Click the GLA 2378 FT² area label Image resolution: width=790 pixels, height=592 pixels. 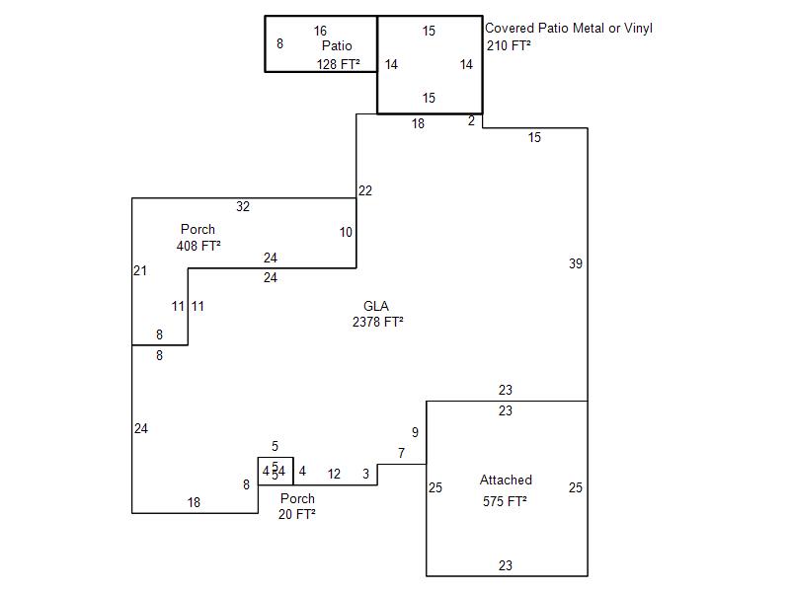(x=378, y=314)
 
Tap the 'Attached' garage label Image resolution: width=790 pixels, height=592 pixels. (x=506, y=480)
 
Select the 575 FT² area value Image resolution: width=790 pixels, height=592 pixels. (x=505, y=501)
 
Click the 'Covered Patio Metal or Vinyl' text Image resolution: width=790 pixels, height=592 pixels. (x=569, y=29)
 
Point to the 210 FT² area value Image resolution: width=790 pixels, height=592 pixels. (x=509, y=45)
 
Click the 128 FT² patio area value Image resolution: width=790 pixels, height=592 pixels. (x=338, y=64)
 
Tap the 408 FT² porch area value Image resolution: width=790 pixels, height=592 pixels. (x=198, y=246)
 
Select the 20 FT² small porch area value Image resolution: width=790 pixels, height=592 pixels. (x=297, y=514)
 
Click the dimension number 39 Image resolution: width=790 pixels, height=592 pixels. (x=576, y=263)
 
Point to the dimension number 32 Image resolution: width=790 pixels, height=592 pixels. (x=243, y=206)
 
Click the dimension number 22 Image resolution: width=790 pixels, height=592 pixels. (x=365, y=190)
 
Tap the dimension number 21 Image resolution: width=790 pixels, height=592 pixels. (x=140, y=270)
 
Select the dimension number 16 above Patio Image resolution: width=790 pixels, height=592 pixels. (x=320, y=31)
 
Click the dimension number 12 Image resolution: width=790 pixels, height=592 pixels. (x=334, y=474)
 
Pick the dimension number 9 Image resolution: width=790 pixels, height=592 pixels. (x=415, y=432)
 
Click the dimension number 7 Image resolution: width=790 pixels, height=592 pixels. (x=401, y=453)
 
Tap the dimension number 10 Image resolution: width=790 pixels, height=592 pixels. (x=346, y=232)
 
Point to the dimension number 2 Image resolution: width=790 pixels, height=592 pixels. (x=471, y=120)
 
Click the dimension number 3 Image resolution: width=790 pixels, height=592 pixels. (x=365, y=474)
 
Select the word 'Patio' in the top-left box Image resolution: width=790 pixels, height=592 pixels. (x=337, y=45)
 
